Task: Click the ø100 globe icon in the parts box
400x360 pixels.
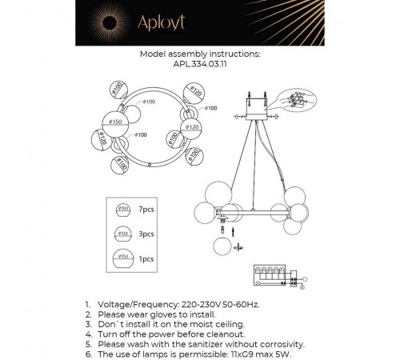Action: (122, 210)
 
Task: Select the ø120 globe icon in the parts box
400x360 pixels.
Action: (122, 235)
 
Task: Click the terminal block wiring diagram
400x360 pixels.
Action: (278, 276)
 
